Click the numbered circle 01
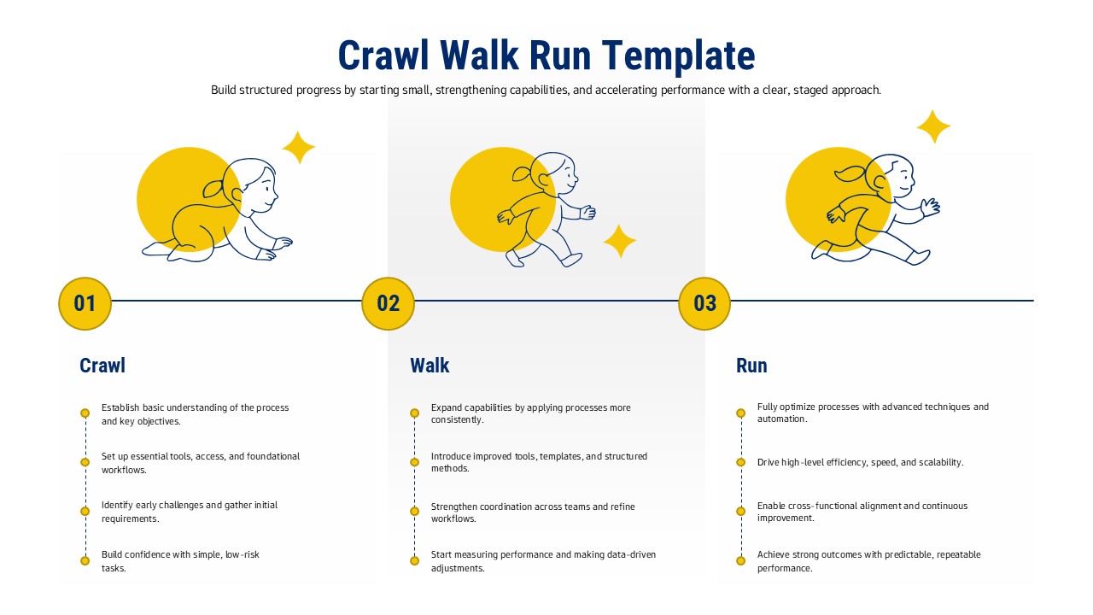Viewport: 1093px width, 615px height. pyautogui.click(x=85, y=303)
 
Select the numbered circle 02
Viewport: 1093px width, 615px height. pyautogui.click(x=388, y=303)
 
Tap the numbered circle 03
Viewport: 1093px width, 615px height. pyautogui.click(x=704, y=303)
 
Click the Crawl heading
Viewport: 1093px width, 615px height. pyautogui.click(x=102, y=366)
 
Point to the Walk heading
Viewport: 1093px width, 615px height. pyautogui.click(x=430, y=366)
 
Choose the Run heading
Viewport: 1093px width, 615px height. pyautogui.click(x=751, y=366)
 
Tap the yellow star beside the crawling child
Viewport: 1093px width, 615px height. pyautogui.click(x=299, y=148)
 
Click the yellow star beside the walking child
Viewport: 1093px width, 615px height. pyautogui.click(x=620, y=242)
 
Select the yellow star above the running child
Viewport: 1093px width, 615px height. pyautogui.click(x=933, y=127)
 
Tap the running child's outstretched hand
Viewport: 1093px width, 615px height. pyautogui.click(x=930, y=206)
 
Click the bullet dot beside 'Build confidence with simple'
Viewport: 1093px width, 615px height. pyautogui.click(x=85, y=560)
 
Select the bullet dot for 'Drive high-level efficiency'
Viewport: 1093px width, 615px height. pyautogui.click(x=741, y=462)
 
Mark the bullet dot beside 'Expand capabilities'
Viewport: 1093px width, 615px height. pyautogui.click(x=414, y=413)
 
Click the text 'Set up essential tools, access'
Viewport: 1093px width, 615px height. pyautogui.click(x=201, y=456)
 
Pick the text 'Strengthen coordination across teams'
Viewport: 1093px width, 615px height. pyautogui.click(x=533, y=507)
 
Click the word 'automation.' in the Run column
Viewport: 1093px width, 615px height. pyautogui.click(x=782, y=419)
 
